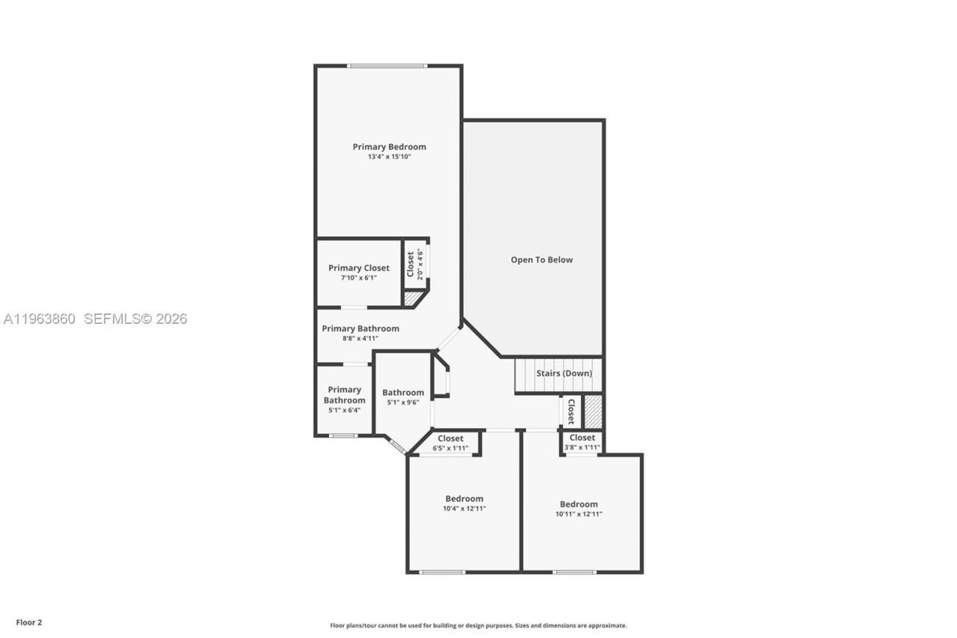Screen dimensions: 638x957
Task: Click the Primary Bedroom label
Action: click(x=389, y=147)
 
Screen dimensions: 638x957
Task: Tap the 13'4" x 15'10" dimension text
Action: click(x=389, y=157)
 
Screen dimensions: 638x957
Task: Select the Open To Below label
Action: click(x=541, y=260)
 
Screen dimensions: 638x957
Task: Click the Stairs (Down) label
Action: click(x=564, y=373)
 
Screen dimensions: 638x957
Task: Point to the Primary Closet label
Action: click(x=358, y=268)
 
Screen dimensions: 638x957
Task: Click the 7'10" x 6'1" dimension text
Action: click(x=358, y=277)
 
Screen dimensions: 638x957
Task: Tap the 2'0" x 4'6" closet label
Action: click(x=415, y=264)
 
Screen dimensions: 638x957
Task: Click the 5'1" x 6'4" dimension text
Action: click(x=344, y=410)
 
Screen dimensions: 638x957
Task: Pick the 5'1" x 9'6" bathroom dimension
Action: click(x=403, y=402)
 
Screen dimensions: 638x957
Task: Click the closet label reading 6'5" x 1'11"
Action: click(x=450, y=448)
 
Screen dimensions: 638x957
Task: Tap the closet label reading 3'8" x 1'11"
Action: click(x=582, y=447)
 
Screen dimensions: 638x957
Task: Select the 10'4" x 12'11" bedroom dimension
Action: click(x=464, y=509)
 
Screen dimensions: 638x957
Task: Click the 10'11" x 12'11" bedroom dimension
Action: click(x=579, y=514)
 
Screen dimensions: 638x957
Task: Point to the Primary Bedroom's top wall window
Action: click(x=387, y=66)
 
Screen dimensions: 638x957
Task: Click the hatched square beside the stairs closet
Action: click(x=593, y=411)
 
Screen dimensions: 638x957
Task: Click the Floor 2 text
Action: click(x=29, y=622)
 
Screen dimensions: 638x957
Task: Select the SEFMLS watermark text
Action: click(x=135, y=319)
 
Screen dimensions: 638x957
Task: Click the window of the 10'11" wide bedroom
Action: click(x=574, y=572)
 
